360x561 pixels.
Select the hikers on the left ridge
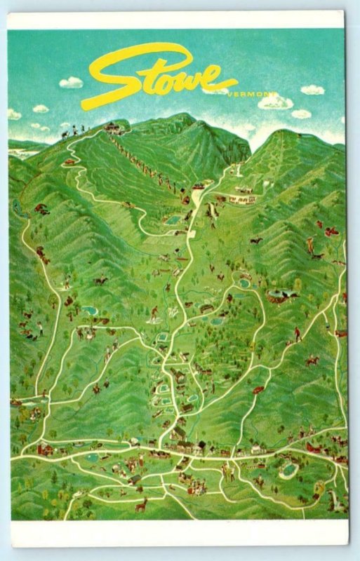point(74,130)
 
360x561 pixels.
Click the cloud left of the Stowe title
point(71,83)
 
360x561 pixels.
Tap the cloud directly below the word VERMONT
point(275,103)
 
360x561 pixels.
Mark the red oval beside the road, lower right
point(259,389)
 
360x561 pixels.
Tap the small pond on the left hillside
point(90,309)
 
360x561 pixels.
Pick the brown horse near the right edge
point(312,360)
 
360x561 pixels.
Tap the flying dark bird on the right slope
point(256,241)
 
